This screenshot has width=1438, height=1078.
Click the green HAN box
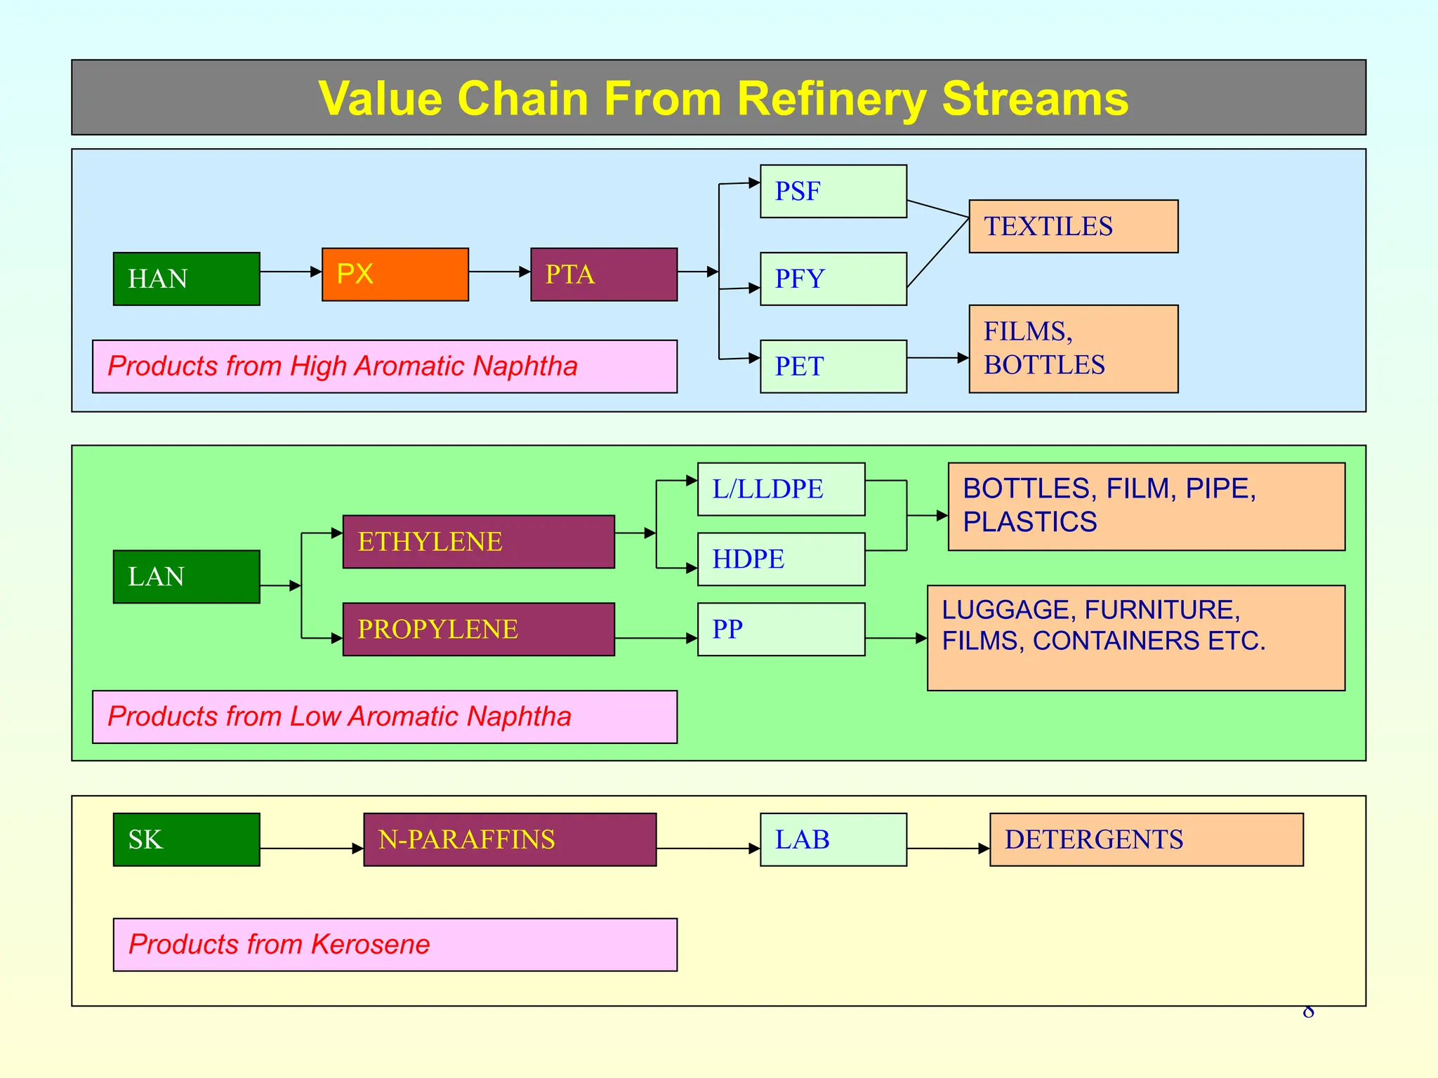coord(186,279)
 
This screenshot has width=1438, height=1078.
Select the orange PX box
coord(395,274)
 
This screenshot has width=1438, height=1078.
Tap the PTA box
coord(603,274)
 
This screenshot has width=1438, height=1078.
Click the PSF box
coord(833,191)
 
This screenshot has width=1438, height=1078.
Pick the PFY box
coord(833,279)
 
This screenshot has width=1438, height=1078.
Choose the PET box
coord(833,366)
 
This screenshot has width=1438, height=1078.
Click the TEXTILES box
coord(1073,226)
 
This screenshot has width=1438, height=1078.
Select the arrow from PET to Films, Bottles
coord(937,358)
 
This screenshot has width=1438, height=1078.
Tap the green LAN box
coord(186,576)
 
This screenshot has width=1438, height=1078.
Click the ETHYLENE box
coord(478,541)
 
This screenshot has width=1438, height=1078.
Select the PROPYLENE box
coord(478,629)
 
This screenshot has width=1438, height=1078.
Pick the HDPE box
coord(781,559)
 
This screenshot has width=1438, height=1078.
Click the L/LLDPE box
coord(781,488)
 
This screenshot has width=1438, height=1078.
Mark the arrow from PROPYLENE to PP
coord(656,638)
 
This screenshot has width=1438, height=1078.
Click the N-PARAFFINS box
coord(510,839)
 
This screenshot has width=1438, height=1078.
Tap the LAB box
coord(833,839)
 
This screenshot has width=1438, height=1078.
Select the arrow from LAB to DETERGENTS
coord(948,849)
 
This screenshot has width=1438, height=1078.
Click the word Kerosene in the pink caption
coord(370,944)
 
